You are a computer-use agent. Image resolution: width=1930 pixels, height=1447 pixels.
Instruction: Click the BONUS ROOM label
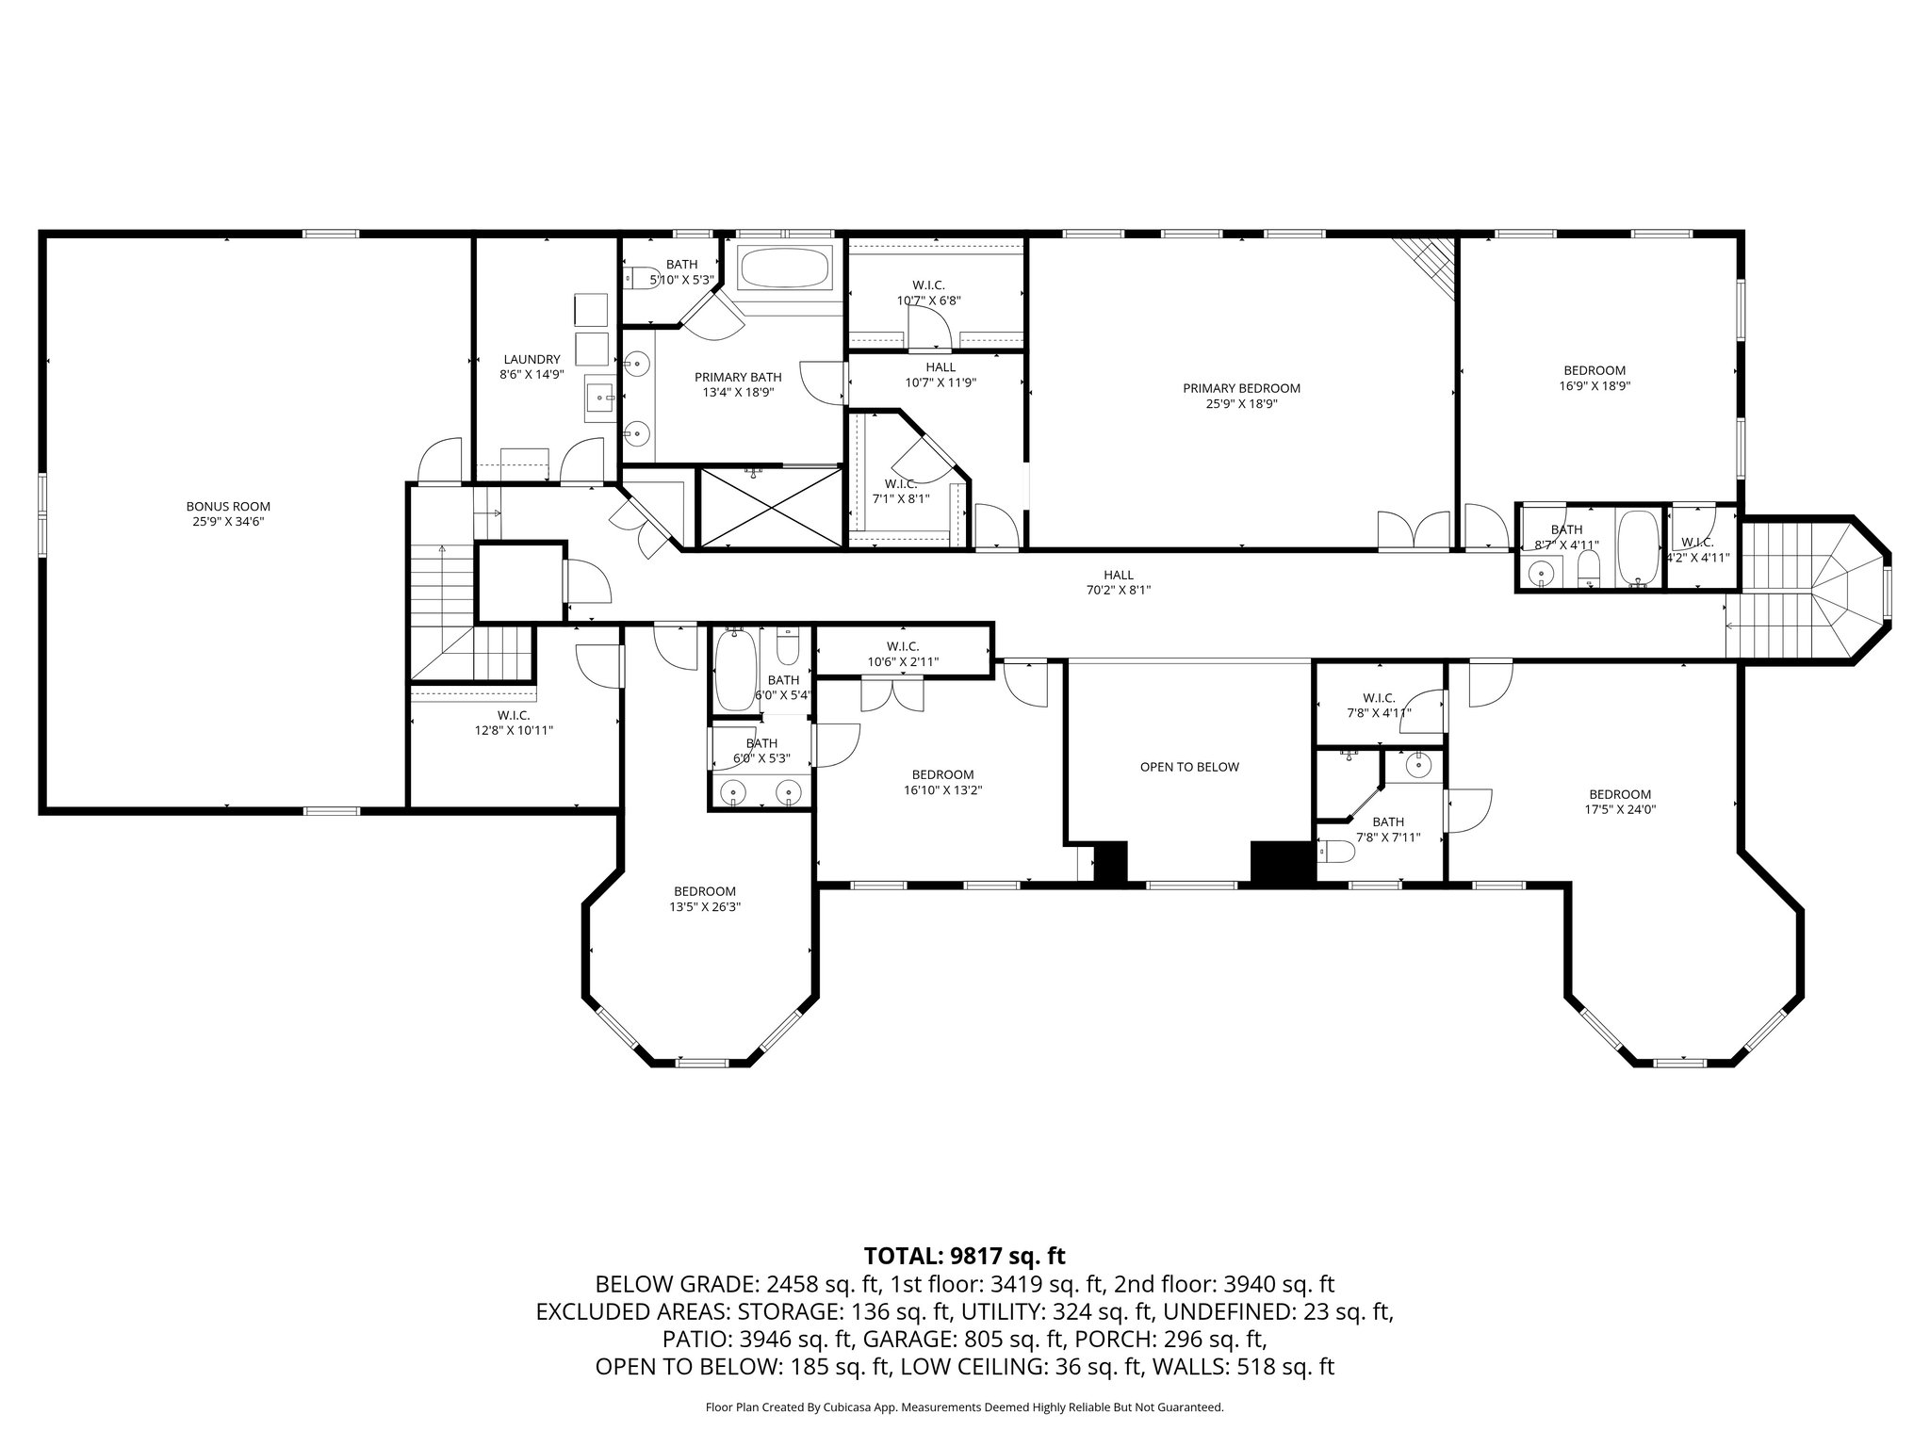click(x=228, y=507)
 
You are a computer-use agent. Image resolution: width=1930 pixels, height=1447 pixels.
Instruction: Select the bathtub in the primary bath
click(x=785, y=268)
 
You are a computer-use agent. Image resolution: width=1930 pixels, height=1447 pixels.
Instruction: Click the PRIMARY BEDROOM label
click(x=1241, y=388)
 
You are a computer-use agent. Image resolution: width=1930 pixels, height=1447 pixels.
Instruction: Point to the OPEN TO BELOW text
click(x=1189, y=767)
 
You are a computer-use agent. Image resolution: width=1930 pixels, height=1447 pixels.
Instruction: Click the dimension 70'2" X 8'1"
click(x=1119, y=591)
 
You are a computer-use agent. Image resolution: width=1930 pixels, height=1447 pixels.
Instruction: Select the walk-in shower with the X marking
click(x=770, y=507)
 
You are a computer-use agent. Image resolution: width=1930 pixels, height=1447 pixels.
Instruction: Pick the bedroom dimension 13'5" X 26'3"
click(x=705, y=907)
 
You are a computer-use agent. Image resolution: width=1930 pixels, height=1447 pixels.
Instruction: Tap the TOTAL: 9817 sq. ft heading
click(x=964, y=1256)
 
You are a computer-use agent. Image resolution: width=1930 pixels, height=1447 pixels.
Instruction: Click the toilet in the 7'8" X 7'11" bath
click(x=1335, y=853)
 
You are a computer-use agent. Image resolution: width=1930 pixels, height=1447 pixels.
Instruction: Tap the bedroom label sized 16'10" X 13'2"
click(x=942, y=775)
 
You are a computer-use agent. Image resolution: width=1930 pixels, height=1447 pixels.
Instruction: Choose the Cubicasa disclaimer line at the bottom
click(x=964, y=1407)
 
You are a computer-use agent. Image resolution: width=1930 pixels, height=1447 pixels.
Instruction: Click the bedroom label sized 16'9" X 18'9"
click(x=1595, y=371)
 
